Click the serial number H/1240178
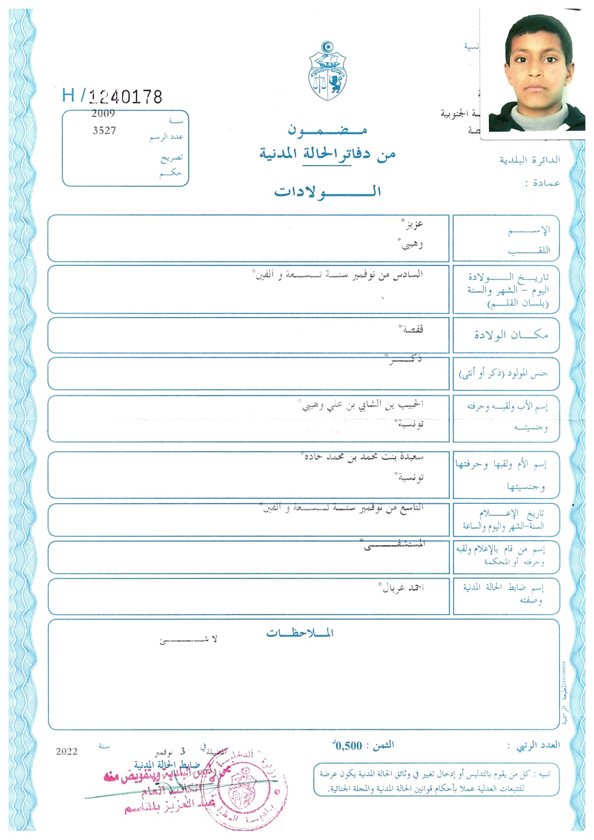113,96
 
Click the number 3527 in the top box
104,131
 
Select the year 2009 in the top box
103,114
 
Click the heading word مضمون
327,130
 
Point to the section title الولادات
327,192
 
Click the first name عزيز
413,225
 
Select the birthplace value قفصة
412,330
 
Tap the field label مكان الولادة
511,335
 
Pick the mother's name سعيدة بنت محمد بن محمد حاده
364,457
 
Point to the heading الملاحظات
300,633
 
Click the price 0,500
348,746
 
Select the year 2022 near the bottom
67,752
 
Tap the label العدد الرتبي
537,746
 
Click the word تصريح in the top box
171,158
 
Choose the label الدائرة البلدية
530,160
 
